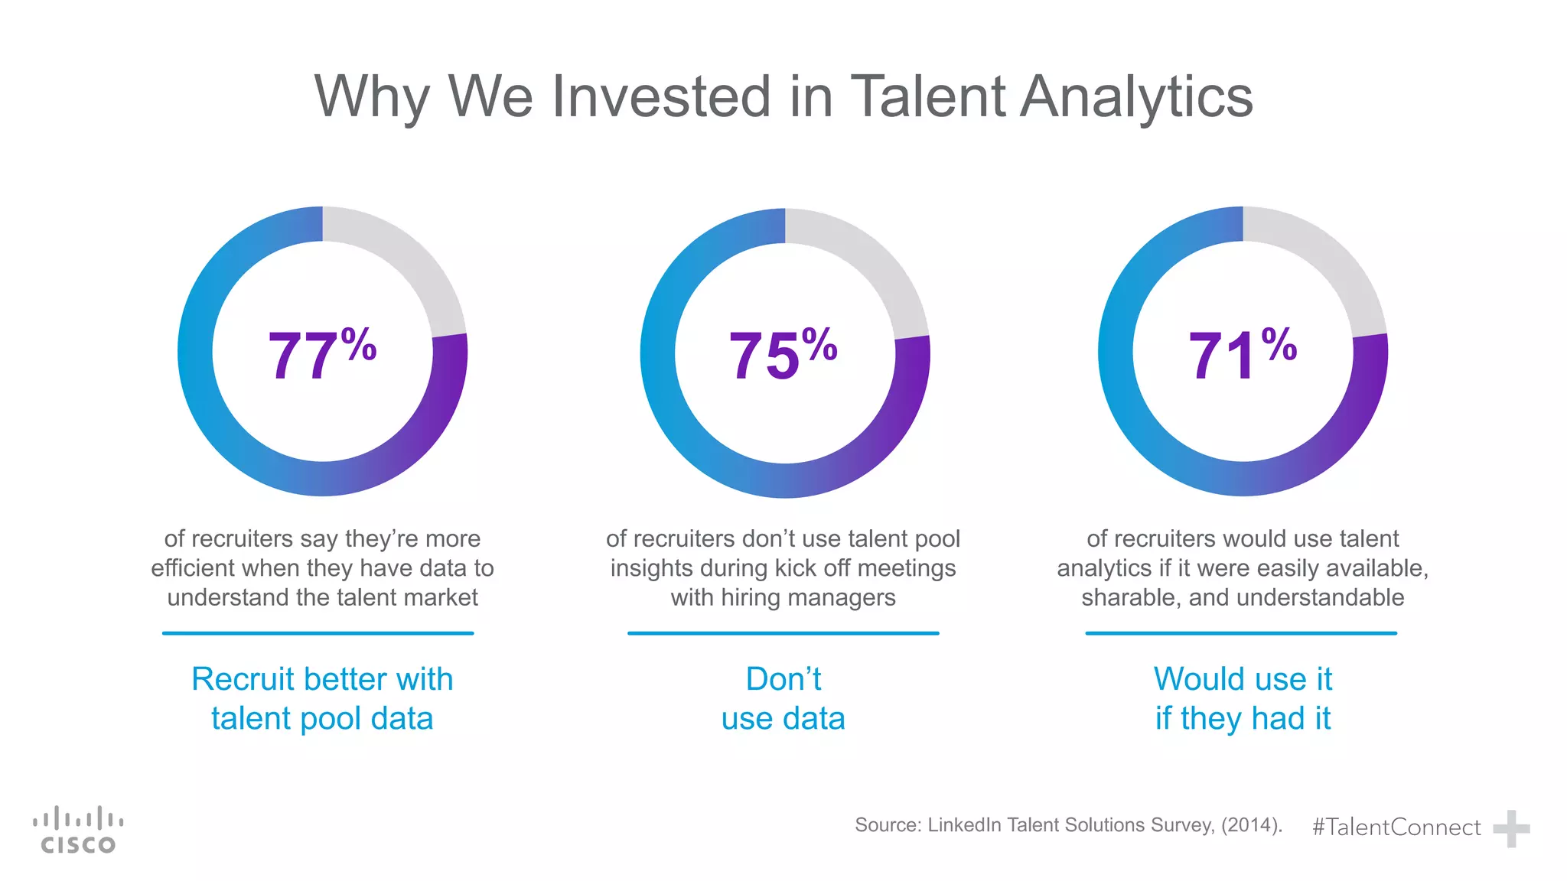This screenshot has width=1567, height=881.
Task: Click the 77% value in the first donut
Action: pos(321,354)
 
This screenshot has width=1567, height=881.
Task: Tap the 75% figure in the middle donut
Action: pos(782,354)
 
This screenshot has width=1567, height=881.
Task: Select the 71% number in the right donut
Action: pos(1241,354)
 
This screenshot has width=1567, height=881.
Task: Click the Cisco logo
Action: pos(77,830)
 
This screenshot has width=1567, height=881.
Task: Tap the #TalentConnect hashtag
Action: pos(1396,827)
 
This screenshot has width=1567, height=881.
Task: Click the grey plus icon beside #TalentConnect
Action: pos(1511,829)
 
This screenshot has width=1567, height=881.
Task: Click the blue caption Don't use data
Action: pos(783,698)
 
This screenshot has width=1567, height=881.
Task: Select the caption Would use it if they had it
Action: pos(1243,698)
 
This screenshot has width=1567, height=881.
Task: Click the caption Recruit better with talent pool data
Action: pos(322,698)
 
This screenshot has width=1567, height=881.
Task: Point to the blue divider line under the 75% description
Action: pos(783,633)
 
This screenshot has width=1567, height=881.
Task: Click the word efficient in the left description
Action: pos(194,568)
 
